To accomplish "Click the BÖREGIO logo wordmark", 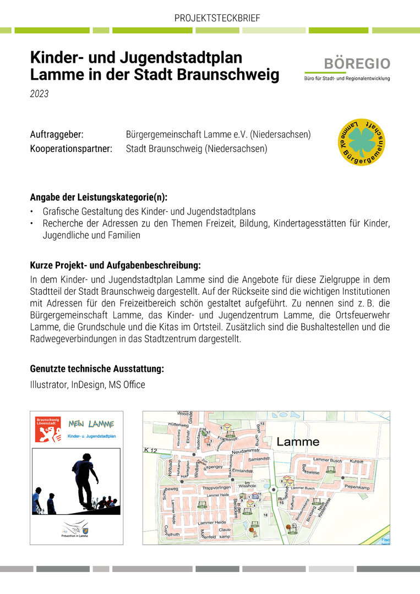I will pos(364,64).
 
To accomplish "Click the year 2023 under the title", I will pos(39,94).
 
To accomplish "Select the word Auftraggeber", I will pos(57,135).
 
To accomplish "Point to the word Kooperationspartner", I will pos(71,148).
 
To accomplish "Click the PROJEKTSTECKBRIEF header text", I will pos(217,18).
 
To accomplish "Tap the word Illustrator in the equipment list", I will pos(48,385).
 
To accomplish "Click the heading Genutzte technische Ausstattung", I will pos(97,369).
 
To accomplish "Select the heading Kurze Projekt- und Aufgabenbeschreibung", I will pos(115,265).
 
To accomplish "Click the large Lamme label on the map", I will pos(298,442).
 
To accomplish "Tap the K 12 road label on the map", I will pos(150,450).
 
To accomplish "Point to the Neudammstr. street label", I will pos(245,452).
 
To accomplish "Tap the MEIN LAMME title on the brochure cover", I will pos(91,424).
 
